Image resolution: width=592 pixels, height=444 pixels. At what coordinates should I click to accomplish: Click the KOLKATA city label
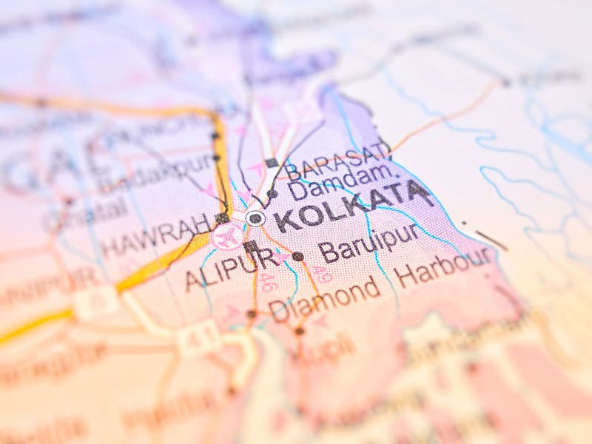pos(354,207)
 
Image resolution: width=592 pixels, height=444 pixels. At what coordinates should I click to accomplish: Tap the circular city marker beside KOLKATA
pos(255,218)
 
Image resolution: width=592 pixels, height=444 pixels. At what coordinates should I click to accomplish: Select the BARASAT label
pos(337,162)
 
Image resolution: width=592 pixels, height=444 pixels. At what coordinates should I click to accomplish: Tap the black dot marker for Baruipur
pos(297,256)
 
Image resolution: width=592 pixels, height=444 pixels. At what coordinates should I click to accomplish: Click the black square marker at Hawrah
pos(221,218)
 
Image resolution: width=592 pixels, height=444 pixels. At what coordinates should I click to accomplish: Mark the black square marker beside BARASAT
pos(272,163)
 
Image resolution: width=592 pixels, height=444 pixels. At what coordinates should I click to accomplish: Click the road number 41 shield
pos(198,341)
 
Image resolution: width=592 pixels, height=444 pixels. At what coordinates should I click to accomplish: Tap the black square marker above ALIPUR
pos(250,246)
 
